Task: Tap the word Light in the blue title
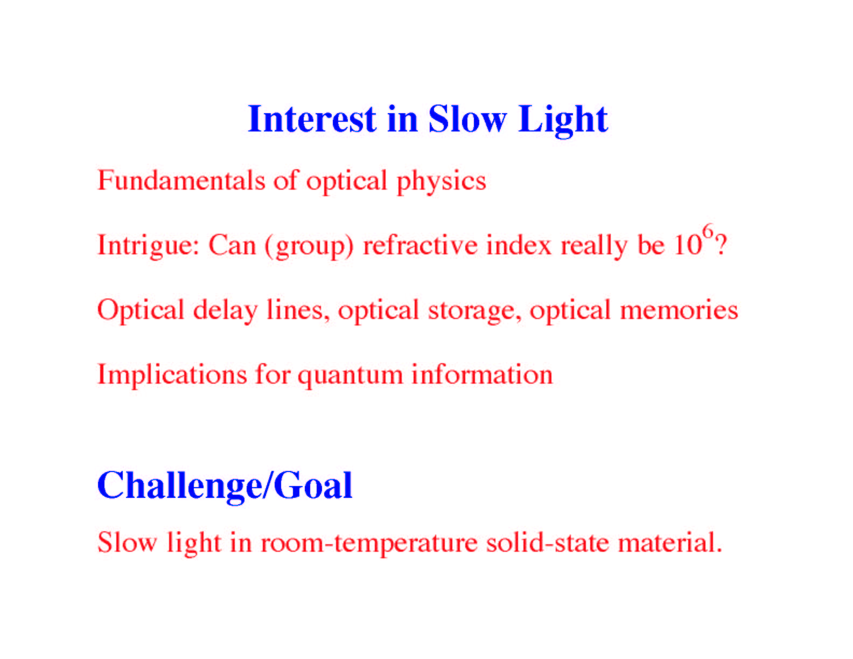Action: point(563,121)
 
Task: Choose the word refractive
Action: point(421,245)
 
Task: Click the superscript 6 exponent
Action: point(708,232)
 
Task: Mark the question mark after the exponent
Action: point(721,246)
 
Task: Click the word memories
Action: point(679,310)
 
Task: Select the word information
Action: point(483,374)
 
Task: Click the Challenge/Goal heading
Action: point(225,487)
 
